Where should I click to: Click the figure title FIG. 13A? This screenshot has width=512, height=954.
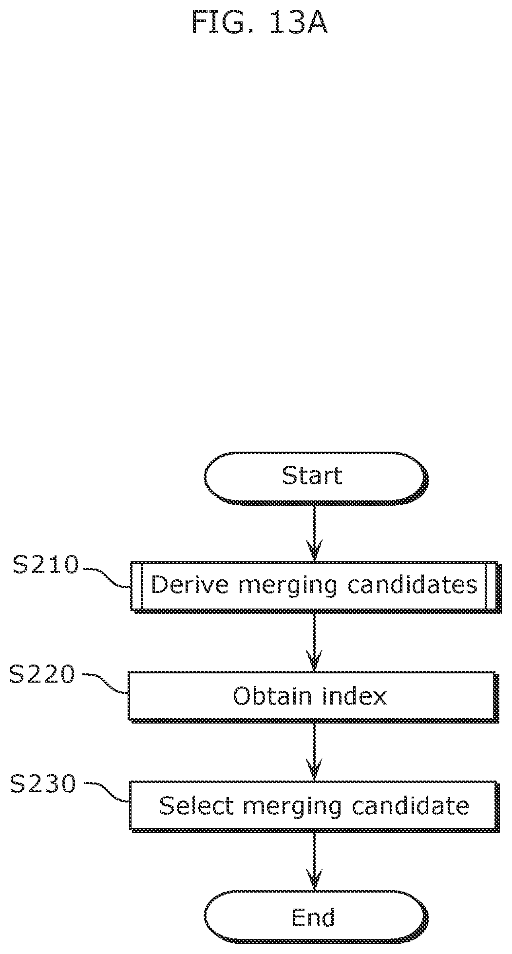[x=260, y=22]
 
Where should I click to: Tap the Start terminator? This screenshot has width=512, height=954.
[x=316, y=477]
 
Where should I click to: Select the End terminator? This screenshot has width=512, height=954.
[x=316, y=918]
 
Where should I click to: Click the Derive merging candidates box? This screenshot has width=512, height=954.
[x=315, y=587]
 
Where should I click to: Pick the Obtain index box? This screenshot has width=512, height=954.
[x=313, y=697]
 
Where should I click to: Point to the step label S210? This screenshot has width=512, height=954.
[x=46, y=565]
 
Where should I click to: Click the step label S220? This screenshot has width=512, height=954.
[x=43, y=675]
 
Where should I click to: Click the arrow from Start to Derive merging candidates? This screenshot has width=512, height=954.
[x=314, y=533]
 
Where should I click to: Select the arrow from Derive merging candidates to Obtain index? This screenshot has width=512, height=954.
[x=314, y=642]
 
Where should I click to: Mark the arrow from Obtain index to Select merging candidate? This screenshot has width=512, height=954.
[x=314, y=752]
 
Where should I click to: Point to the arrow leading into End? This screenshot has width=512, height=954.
[x=314, y=861]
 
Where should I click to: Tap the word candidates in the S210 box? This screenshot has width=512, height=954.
[x=413, y=585]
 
